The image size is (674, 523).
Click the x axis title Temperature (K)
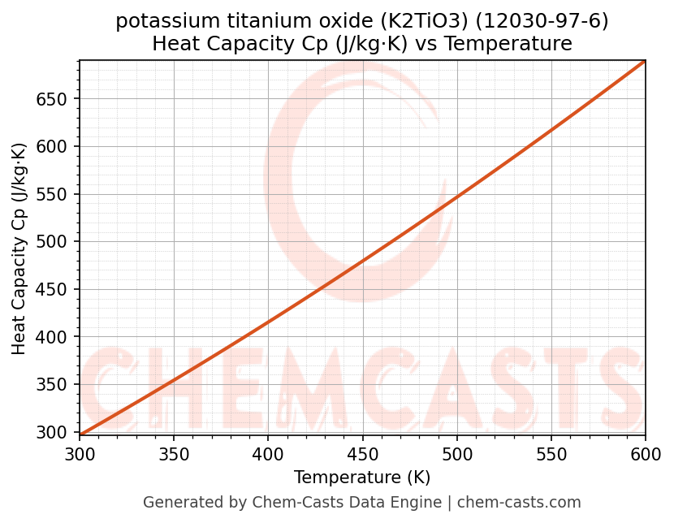[x=362, y=478]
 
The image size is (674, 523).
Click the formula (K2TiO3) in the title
[x=437, y=21]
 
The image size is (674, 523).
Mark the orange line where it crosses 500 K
[x=457, y=198]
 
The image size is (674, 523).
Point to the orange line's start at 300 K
[x=80, y=434]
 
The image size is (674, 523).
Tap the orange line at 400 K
[x=268, y=322]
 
